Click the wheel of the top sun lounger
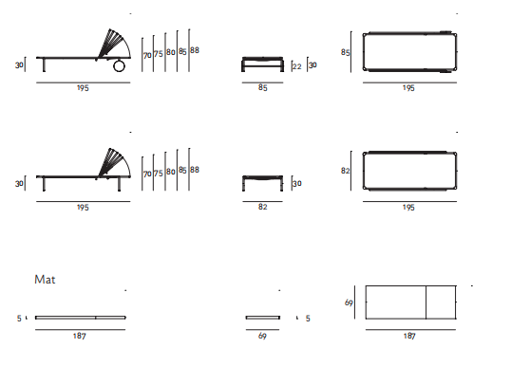(119, 66)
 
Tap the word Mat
(45, 280)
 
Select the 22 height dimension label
(296, 66)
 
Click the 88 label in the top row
(195, 50)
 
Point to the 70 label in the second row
(147, 174)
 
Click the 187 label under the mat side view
(79, 336)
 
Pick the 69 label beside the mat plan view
(349, 302)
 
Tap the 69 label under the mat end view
(262, 336)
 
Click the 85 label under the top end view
(263, 87)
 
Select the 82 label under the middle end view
(263, 207)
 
